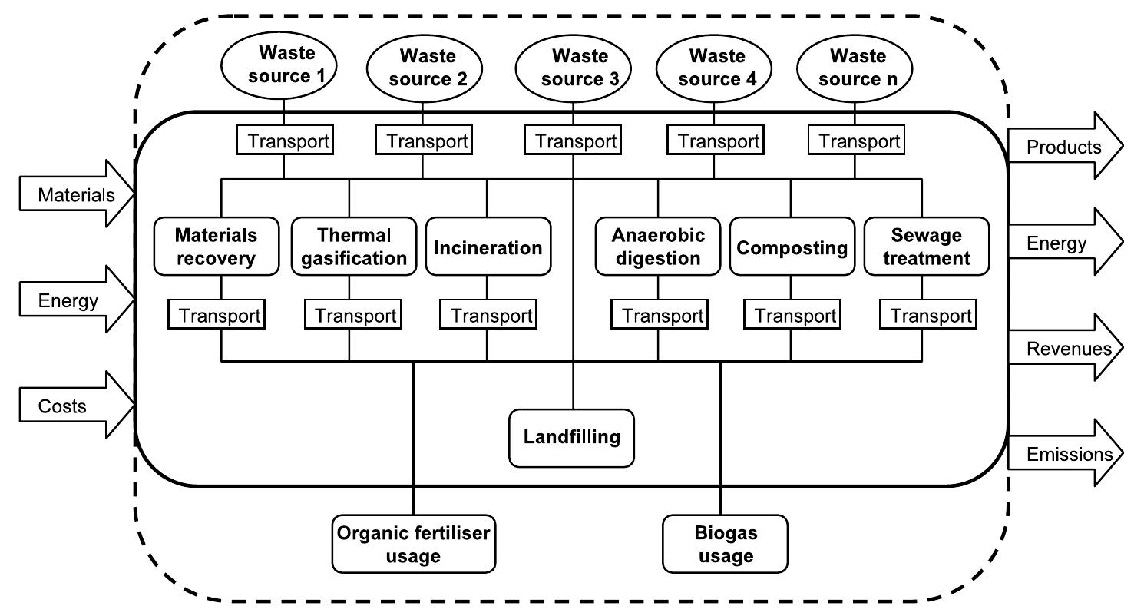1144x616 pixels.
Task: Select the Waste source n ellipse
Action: click(856, 67)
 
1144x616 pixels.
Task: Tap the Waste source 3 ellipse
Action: click(574, 67)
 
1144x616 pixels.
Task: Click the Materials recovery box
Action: click(216, 247)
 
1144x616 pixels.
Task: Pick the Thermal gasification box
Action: click(353, 247)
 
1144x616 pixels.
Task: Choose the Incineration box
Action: click(488, 247)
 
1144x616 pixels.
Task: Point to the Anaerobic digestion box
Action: click(657, 247)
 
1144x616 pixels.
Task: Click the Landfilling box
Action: click(571, 438)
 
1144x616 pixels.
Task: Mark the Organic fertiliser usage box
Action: click(413, 544)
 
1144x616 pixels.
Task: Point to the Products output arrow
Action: click(1064, 147)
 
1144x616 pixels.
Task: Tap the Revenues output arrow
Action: click(1064, 349)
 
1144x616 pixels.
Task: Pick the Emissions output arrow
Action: click(1064, 454)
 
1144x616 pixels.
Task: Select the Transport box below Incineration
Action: click(488, 316)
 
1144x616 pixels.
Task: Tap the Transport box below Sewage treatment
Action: click(927, 316)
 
